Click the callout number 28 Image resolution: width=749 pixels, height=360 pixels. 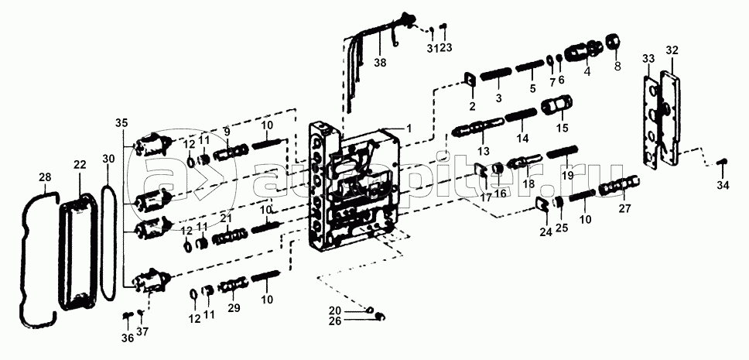[45, 178]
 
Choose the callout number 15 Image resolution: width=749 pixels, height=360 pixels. [563, 127]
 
